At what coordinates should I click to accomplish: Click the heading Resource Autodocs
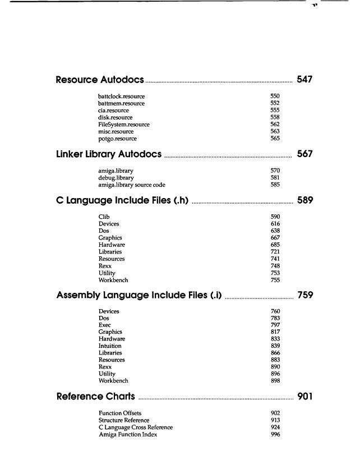pyautogui.click(x=100, y=80)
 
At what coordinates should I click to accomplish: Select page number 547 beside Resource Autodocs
pyautogui.click(x=304, y=80)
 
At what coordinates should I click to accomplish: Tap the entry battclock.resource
pyautogui.click(x=122, y=97)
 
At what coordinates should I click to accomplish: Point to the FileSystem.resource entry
pyautogui.click(x=122, y=125)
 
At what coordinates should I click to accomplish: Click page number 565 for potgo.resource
pyautogui.click(x=275, y=138)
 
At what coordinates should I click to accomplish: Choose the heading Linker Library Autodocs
pyautogui.click(x=109, y=154)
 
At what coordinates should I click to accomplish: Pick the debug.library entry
pyautogui.click(x=116, y=178)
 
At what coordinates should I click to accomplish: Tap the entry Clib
pyautogui.click(x=104, y=217)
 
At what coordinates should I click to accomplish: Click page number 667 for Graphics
pyautogui.click(x=275, y=238)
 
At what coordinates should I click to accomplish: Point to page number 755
pyautogui.click(x=275, y=280)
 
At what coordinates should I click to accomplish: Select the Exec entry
pyautogui.click(x=105, y=325)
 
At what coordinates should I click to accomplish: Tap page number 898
pyautogui.click(x=275, y=381)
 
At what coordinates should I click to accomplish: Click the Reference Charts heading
pyautogui.click(x=96, y=397)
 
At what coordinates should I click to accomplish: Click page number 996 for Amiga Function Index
pyautogui.click(x=275, y=435)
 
